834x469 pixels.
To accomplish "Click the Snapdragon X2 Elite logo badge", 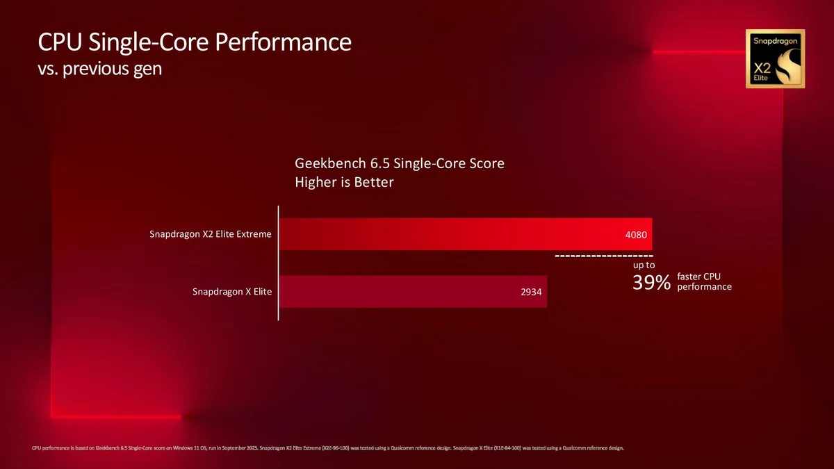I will (x=775, y=58).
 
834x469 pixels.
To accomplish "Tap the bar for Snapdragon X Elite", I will (x=413, y=292).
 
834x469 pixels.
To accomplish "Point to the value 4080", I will (x=636, y=235).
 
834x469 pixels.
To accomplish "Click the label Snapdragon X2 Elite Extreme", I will (x=211, y=234).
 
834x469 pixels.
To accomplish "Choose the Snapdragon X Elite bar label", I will (x=232, y=292).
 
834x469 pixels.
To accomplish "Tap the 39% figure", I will (x=651, y=283).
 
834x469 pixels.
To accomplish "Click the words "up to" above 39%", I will (x=644, y=265).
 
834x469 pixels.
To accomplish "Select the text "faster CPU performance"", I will (x=703, y=281).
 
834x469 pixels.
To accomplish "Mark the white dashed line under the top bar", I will (x=603, y=256).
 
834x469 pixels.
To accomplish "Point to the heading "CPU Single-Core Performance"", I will (x=195, y=42).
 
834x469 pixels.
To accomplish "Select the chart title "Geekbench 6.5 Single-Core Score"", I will (x=400, y=165).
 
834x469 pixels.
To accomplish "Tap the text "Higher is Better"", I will (x=345, y=183).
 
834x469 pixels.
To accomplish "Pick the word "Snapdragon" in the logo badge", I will (x=775, y=41).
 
